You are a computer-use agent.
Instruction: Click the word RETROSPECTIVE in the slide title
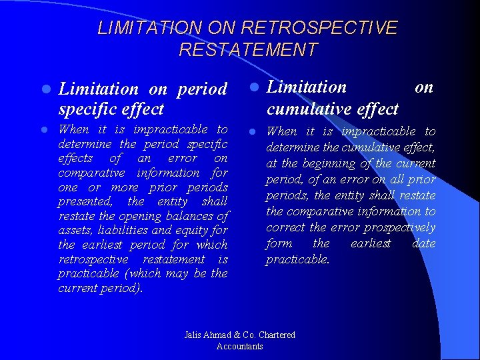coord(319,28)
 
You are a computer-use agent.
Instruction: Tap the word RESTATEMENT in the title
coord(248,50)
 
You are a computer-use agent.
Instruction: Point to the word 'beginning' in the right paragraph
coord(329,163)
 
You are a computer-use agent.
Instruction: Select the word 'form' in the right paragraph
coord(279,243)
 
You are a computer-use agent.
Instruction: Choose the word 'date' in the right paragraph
coord(423,243)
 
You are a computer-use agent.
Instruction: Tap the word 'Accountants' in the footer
coord(240,346)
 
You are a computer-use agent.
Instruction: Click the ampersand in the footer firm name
coord(235,335)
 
